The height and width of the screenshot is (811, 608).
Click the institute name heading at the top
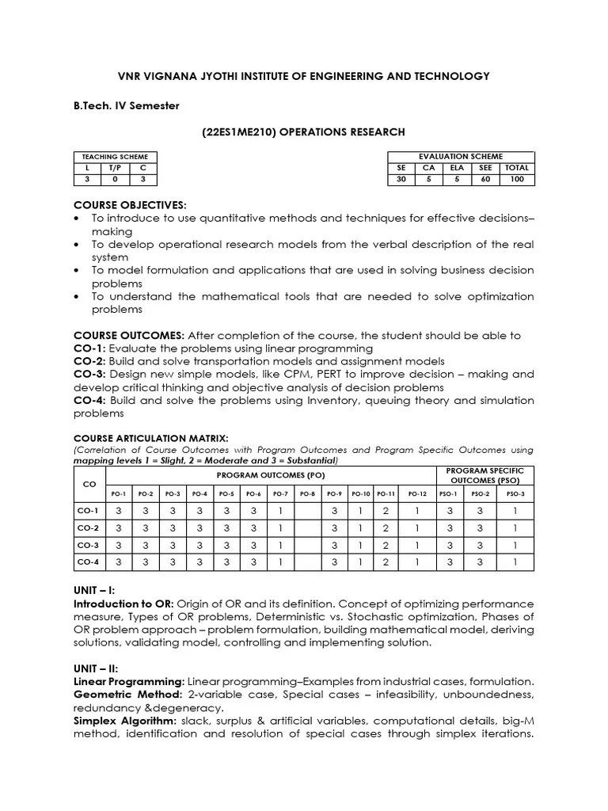tap(304, 76)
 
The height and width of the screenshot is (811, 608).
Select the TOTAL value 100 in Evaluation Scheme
tap(517, 180)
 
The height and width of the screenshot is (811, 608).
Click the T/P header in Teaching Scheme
tap(115, 168)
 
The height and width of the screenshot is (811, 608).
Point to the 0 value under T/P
tap(115, 180)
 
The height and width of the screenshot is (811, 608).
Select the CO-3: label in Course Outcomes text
tap(89, 375)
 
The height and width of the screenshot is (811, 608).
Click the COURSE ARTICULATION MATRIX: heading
tap(150, 438)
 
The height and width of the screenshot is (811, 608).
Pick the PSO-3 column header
tap(515, 493)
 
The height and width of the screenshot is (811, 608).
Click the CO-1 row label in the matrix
tap(89, 511)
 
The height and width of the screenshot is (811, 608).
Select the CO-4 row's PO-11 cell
tap(386, 562)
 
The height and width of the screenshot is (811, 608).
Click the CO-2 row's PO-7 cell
tap(279, 528)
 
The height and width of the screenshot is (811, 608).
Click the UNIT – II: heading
tap(96, 669)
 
